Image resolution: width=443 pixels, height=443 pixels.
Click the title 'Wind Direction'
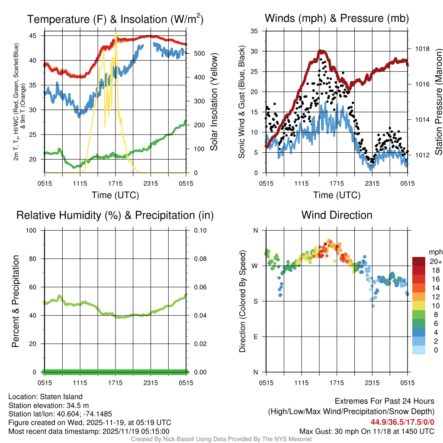337,215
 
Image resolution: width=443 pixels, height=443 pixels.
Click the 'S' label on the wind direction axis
255,301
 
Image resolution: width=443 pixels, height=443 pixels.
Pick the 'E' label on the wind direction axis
255,337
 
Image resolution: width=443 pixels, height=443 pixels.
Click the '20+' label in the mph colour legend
436,261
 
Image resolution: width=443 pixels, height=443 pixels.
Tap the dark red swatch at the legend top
419,261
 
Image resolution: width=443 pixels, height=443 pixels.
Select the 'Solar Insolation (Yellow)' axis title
214,102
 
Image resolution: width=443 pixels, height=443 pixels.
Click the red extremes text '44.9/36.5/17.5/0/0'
402,422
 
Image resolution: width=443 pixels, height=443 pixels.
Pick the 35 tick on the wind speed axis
255,31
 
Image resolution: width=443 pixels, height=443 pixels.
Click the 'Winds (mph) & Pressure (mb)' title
337,19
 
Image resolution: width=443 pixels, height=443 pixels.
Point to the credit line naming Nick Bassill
221,439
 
